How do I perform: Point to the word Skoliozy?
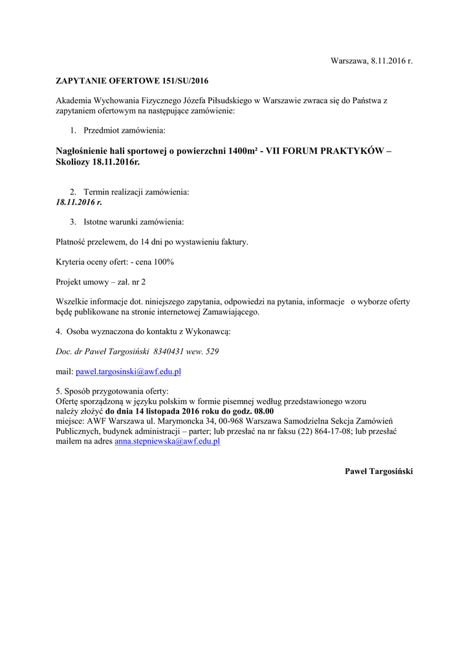click(73, 162)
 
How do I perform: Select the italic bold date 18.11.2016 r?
click(79, 202)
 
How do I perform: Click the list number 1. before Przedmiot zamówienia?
click(73, 131)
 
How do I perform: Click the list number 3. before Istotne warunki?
click(73, 222)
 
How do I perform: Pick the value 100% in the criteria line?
click(164, 262)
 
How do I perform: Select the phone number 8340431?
click(169, 352)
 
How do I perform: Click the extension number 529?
click(212, 352)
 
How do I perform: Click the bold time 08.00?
click(263, 411)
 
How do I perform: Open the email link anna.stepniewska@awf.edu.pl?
click(168, 441)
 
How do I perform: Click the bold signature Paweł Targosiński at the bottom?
click(378, 471)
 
